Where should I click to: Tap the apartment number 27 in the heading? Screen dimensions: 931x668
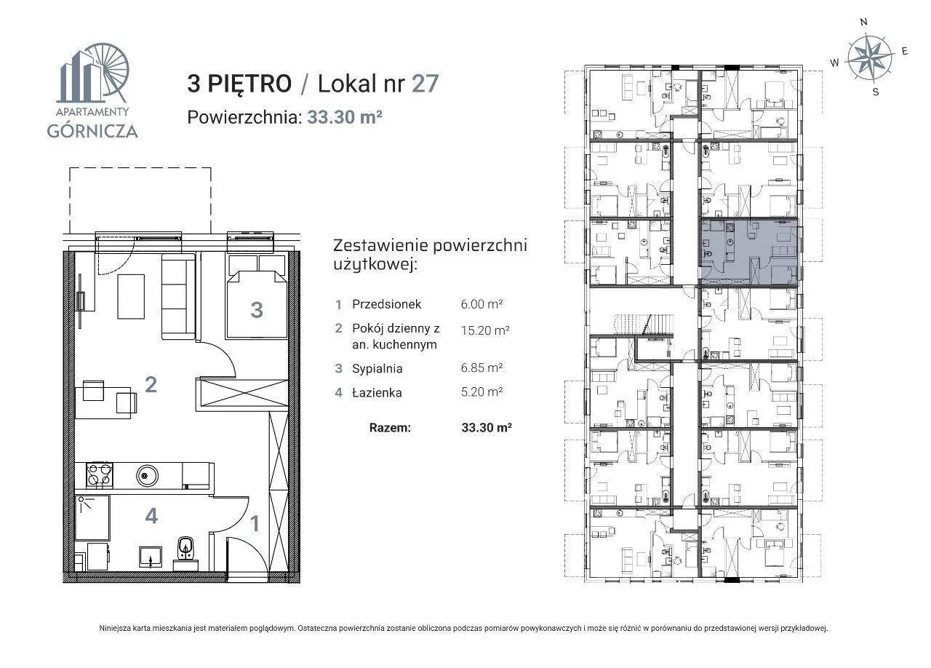point(425,83)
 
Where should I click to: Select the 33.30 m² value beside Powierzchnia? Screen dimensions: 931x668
point(345,117)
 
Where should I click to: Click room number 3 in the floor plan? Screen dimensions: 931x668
point(257,310)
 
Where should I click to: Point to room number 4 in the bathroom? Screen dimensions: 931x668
point(151,516)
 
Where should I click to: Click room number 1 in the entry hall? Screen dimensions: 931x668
point(255,524)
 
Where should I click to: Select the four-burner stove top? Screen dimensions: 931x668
point(100,474)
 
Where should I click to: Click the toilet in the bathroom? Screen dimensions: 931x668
point(185,551)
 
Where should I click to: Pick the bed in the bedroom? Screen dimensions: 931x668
point(257,304)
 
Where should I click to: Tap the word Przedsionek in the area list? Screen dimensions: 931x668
point(386,304)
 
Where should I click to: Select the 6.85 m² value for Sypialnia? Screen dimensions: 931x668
point(482,368)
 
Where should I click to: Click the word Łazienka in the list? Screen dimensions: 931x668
point(377,392)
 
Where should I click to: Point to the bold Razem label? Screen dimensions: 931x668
point(390,428)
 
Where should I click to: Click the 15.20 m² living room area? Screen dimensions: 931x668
point(485,330)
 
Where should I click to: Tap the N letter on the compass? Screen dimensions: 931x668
point(863,22)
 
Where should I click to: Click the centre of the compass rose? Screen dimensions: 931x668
point(870,57)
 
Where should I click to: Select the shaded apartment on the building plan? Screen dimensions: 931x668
point(749,253)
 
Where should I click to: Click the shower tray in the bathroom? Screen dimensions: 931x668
point(92,518)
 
